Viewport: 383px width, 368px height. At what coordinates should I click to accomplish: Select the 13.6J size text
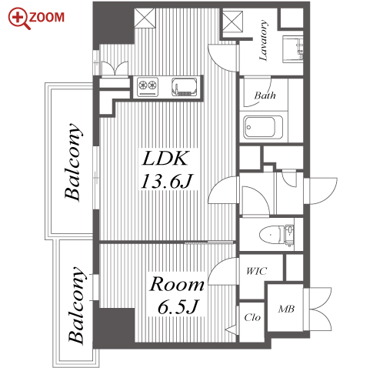[166, 181]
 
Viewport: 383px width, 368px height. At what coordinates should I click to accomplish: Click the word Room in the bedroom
[177, 284]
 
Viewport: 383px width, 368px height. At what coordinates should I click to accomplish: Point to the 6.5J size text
[178, 306]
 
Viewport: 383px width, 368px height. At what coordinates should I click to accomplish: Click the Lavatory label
[263, 40]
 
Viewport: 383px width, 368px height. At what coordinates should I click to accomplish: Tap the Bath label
[265, 95]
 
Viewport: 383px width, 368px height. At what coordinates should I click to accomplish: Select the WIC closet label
[256, 271]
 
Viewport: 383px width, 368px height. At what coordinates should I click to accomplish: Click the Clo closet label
[252, 317]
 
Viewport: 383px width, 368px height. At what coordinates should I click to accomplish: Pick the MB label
[286, 309]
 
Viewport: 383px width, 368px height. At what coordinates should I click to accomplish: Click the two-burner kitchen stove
[148, 86]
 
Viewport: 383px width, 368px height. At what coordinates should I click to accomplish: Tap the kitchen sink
[185, 87]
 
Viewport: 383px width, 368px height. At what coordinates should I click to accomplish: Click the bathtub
[263, 128]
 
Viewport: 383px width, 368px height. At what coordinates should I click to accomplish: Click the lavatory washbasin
[293, 49]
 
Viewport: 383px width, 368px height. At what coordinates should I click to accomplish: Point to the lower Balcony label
[77, 305]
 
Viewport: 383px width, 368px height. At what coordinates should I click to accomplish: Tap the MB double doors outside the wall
[318, 309]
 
